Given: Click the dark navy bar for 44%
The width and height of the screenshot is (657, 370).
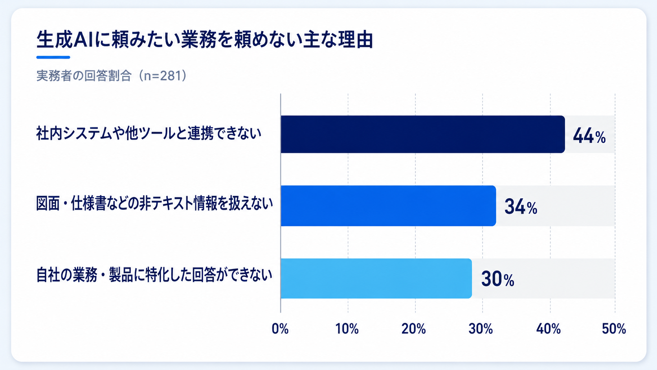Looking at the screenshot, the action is (x=423, y=134).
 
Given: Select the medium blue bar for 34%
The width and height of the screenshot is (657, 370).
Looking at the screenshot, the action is (x=388, y=206).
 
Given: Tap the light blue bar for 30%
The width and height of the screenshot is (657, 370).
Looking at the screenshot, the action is (x=376, y=278).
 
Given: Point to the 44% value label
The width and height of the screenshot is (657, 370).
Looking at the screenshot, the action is (x=589, y=136).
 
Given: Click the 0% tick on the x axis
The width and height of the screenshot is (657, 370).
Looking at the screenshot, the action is (x=280, y=329).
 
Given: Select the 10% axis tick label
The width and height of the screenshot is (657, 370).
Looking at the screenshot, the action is (x=347, y=329).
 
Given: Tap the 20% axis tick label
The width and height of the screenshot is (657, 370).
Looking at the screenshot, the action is (x=413, y=329).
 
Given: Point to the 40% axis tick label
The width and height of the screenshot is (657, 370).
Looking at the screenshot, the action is (x=549, y=329).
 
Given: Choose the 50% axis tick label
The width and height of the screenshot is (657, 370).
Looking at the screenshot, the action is (x=614, y=329).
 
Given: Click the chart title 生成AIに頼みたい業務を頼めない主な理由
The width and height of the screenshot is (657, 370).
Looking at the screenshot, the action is (x=205, y=39).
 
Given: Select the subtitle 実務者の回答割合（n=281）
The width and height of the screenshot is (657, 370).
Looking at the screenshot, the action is (x=112, y=76).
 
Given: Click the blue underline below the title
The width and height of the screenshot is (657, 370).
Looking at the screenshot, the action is (x=53, y=57).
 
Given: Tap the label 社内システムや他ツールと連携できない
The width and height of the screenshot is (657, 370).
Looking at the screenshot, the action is (x=149, y=134).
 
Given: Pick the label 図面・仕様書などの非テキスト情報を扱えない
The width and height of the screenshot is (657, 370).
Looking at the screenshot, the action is (x=154, y=204).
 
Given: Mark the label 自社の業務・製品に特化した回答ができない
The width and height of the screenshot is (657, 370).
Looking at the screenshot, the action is (x=154, y=275).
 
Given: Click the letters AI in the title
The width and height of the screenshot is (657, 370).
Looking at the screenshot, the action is (x=83, y=40).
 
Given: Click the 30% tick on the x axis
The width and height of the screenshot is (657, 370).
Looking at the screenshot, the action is (x=481, y=329).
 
